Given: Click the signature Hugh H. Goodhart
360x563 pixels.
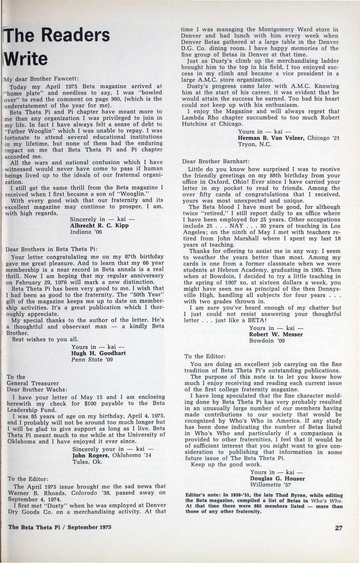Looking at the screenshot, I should (x=98, y=353).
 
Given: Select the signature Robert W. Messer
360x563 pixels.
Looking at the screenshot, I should (x=276, y=334).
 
